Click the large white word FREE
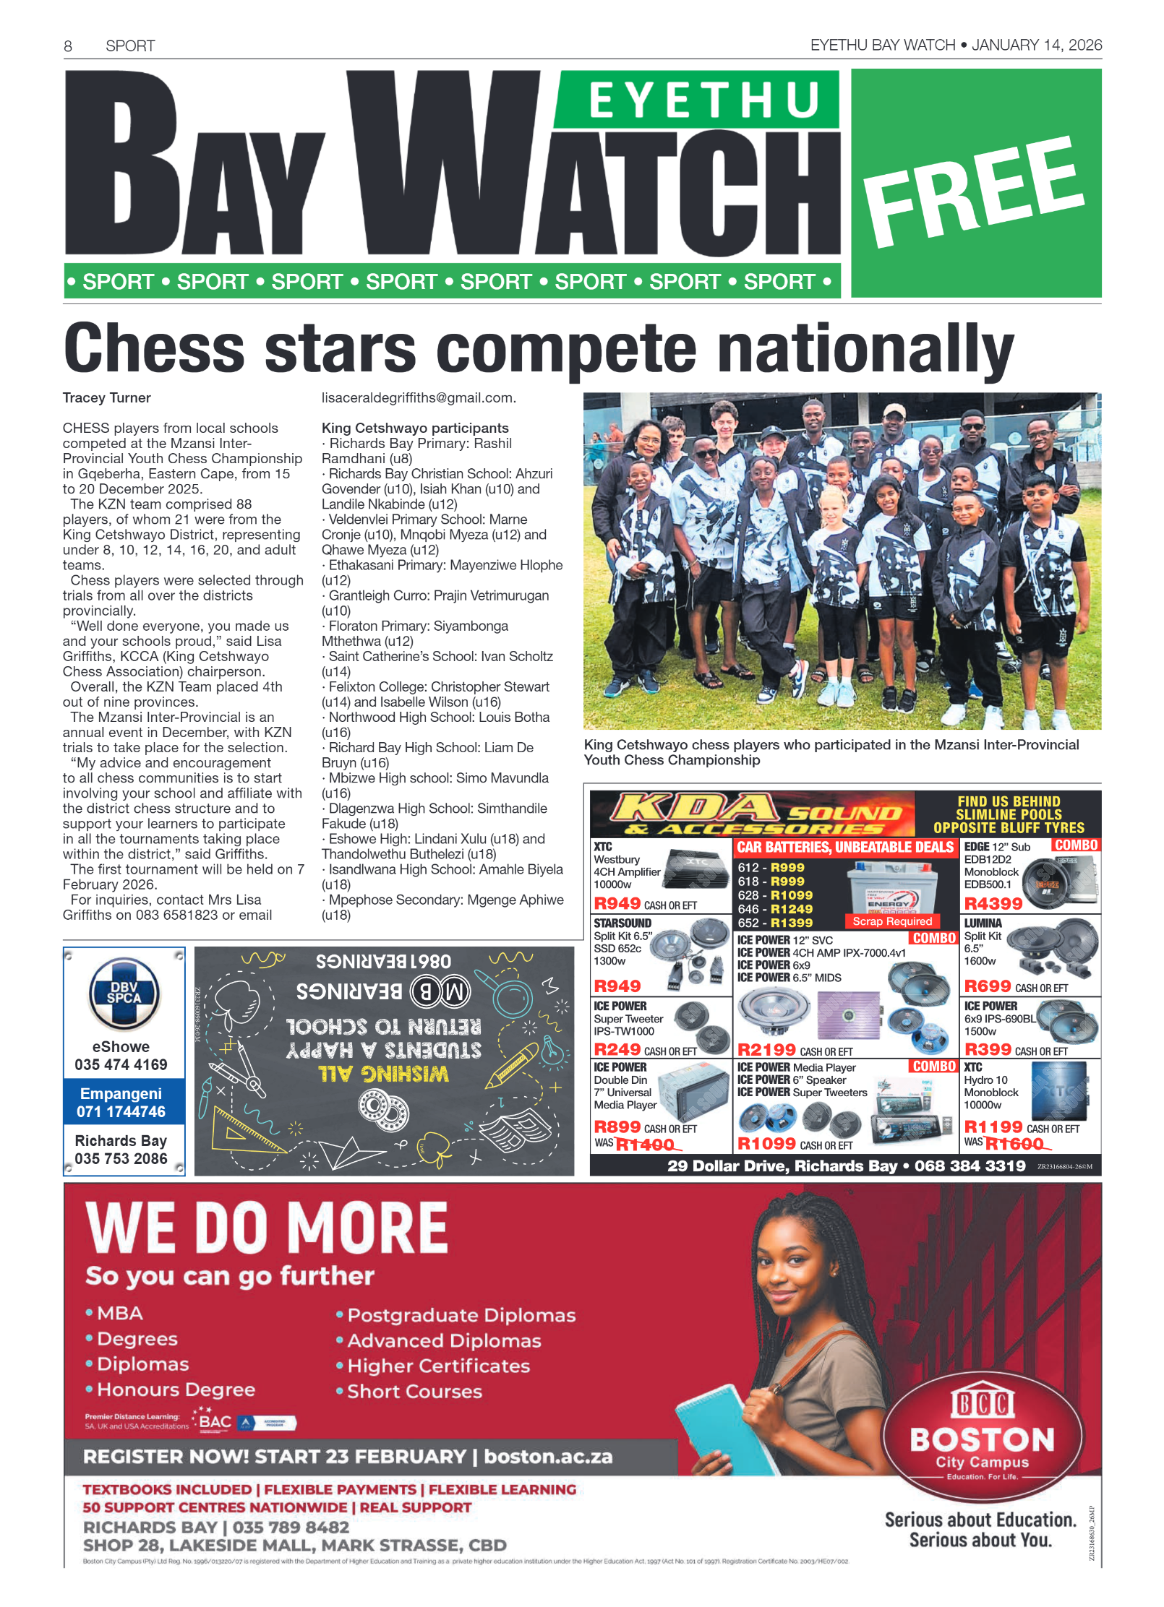(974, 190)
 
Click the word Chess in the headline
(154, 348)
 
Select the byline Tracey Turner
(107, 398)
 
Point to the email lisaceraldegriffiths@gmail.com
(419, 398)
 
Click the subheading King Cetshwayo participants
(415, 428)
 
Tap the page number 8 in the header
(68, 47)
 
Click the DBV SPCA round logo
(124, 995)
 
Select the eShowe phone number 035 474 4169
(121, 1065)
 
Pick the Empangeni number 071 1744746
(121, 1112)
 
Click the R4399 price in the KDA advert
(993, 904)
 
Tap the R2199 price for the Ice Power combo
(766, 1050)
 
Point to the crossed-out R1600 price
(1014, 1145)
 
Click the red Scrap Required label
(891, 922)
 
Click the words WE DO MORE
(267, 1229)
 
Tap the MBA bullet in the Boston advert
(119, 1314)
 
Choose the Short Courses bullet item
(414, 1392)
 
